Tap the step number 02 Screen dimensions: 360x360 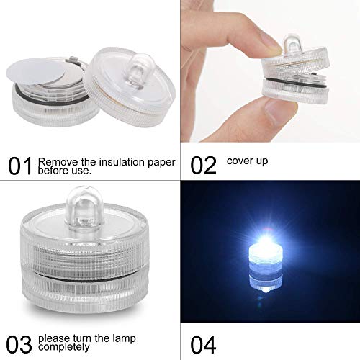(204, 166)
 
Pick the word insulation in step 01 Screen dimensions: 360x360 (115, 161)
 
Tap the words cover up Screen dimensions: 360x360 (247, 161)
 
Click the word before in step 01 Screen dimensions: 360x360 (55, 172)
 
